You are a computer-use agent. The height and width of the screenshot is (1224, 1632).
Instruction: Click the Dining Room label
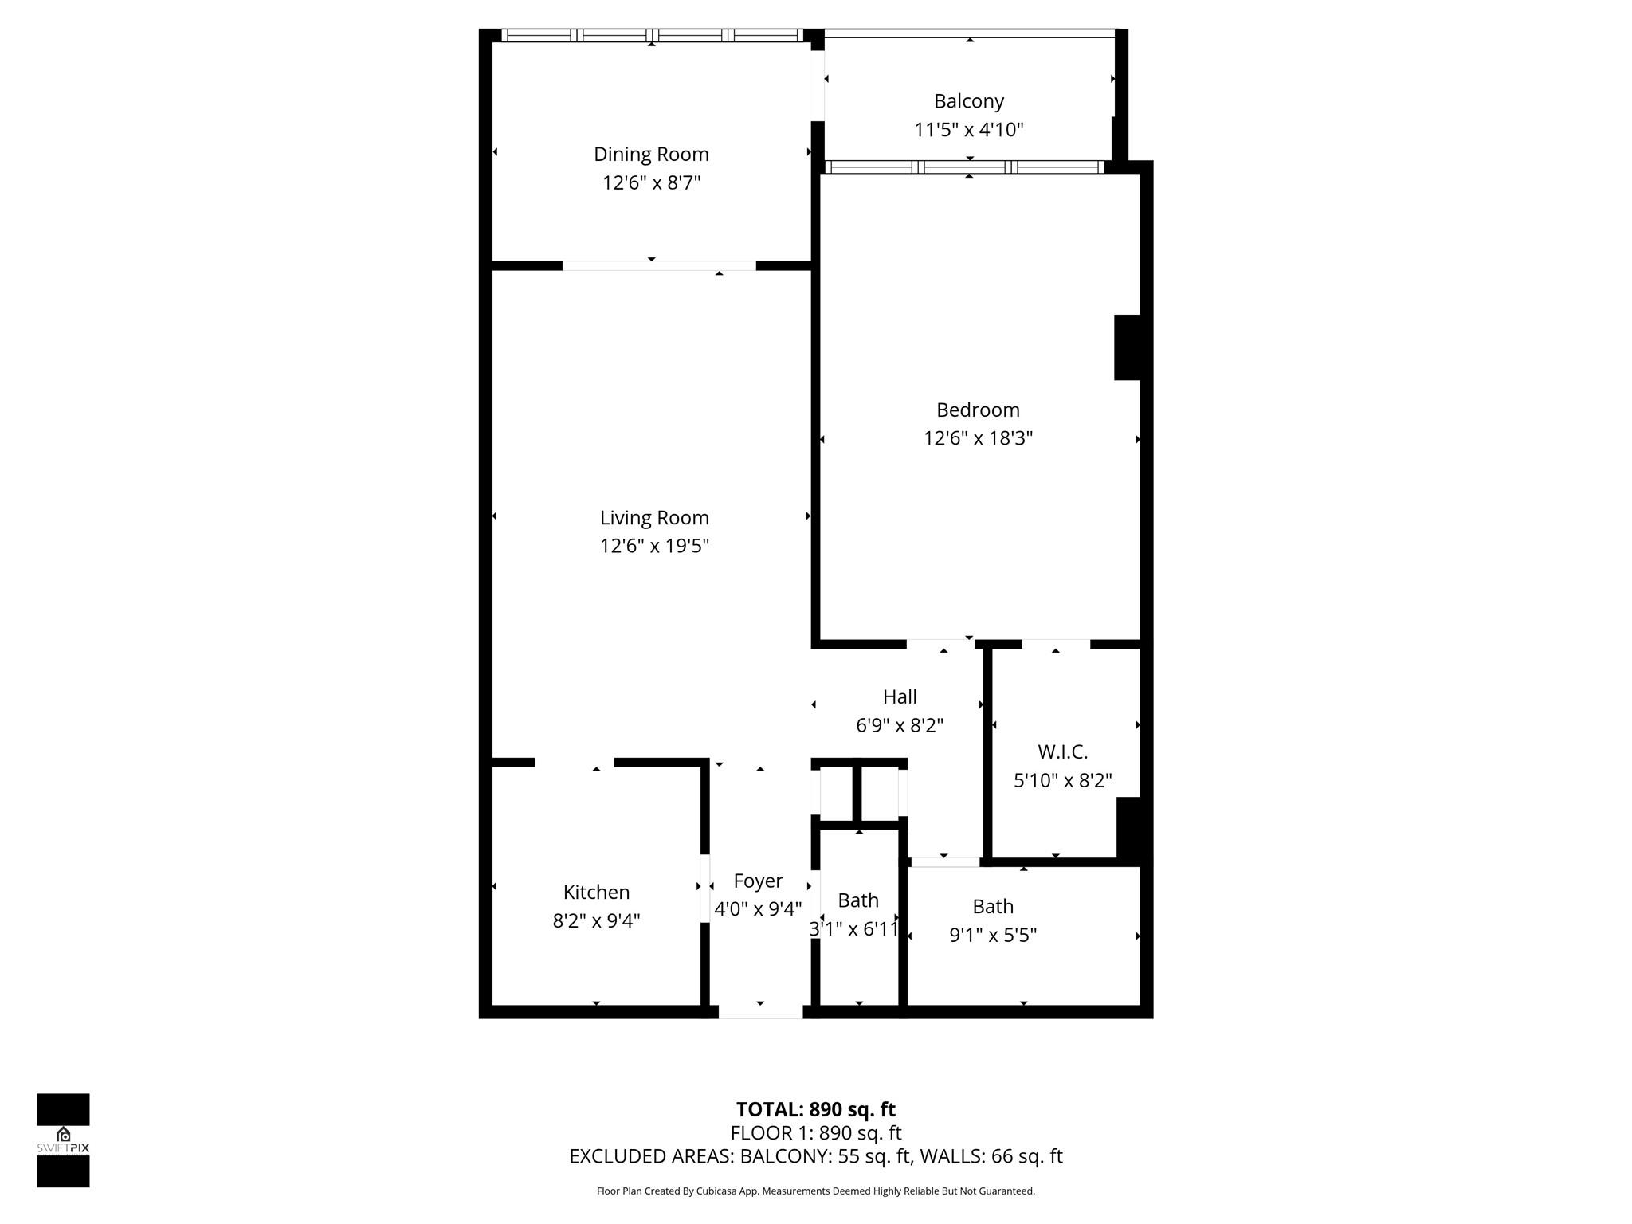pos(651,154)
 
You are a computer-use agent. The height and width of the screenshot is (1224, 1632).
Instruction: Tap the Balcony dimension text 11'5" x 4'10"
pos(968,129)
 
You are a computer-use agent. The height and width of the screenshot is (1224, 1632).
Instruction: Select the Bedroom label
pos(978,410)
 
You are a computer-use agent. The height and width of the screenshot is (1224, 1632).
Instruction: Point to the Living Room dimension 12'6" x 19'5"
pos(654,546)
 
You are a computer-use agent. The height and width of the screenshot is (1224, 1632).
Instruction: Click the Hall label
pos(900,696)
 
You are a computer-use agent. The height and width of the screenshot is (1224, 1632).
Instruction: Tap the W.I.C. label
pos(1062,751)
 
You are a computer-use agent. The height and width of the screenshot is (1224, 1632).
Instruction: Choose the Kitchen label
pos(596,892)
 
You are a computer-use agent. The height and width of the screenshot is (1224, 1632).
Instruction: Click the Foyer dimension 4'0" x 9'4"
pos(758,909)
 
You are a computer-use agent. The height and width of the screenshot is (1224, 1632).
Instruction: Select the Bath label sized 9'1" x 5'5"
pos(993,906)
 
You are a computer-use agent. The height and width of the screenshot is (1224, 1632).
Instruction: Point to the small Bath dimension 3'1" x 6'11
pos(854,929)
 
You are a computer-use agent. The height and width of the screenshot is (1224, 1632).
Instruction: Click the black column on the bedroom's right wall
pos(1127,347)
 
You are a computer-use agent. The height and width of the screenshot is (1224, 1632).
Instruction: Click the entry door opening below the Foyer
pos(760,1012)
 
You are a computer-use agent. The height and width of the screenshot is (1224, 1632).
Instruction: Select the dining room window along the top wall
pos(652,35)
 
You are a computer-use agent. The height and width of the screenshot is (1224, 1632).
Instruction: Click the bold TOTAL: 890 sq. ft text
pos(815,1109)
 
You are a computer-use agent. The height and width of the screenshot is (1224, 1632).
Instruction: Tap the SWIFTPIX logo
pos(63,1140)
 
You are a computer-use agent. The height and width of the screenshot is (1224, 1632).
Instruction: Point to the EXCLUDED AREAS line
pos(815,1156)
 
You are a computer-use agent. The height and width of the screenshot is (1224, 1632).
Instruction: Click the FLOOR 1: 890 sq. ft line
pos(815,1132)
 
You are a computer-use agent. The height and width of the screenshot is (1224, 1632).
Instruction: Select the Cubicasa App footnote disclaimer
pos(815,1191)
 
